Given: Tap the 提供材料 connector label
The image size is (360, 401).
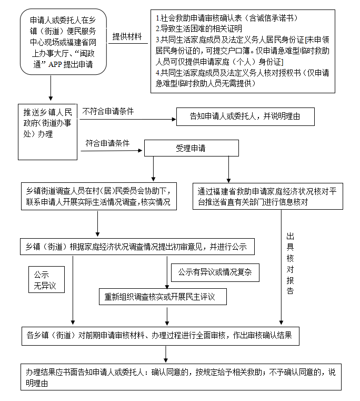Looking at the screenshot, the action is (127, 36).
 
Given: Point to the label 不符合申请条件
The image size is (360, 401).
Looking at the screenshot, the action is (108, 112).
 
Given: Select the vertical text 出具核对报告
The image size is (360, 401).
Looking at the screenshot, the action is (290, 263).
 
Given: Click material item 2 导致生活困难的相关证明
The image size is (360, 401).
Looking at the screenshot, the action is (199, 28).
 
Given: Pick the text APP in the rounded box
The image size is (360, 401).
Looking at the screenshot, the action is (55, 64).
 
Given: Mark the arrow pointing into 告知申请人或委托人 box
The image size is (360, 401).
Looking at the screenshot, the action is (128, 119).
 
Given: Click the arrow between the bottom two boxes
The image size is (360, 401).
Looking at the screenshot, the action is (166, 354).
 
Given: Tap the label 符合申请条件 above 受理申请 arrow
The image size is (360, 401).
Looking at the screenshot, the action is (107, 143).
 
